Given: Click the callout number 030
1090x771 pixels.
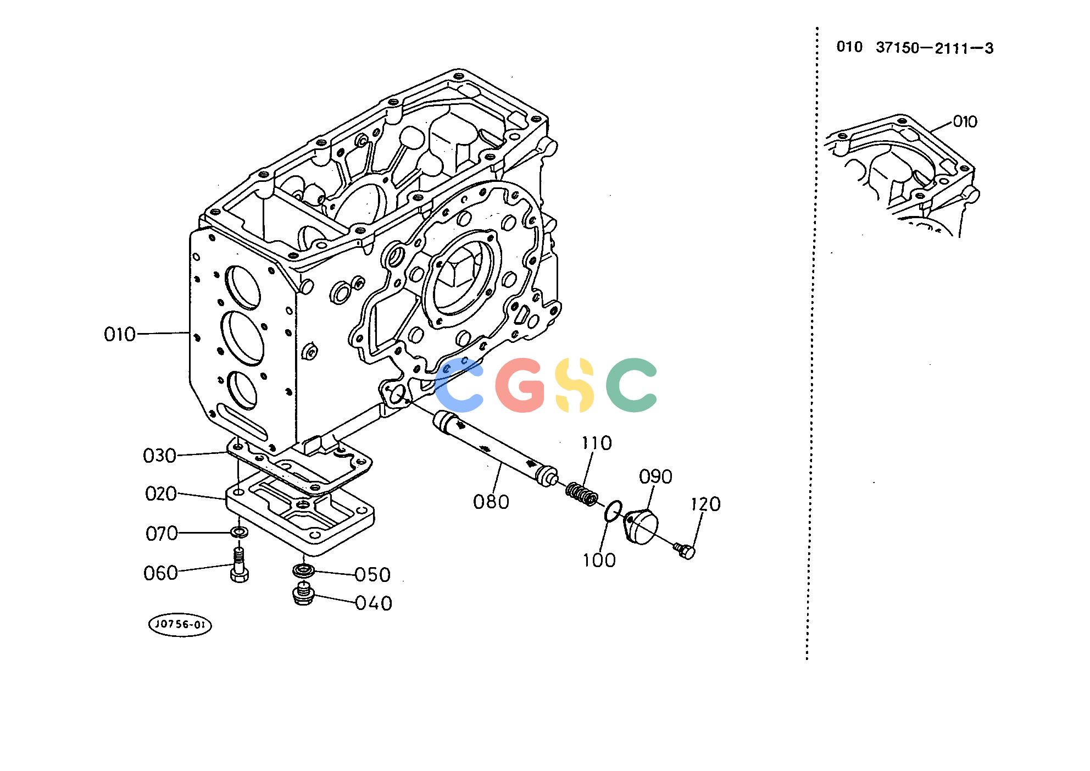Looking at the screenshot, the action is (159, 456).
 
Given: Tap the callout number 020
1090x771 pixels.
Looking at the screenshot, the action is (161, 493).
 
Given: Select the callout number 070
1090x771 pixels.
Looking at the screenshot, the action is (162, 534).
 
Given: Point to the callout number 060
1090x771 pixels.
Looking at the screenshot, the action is (160, 573).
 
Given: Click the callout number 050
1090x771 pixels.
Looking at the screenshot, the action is (372, 575).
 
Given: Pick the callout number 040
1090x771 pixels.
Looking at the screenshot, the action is (374, 603).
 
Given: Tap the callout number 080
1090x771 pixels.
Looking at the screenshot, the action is (491, 502).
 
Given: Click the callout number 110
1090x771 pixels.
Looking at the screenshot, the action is (597, 443).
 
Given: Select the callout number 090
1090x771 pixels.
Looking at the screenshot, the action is (655, 476).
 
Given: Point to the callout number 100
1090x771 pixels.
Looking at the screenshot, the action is (599, 561).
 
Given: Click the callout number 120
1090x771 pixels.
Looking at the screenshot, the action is (705, 504).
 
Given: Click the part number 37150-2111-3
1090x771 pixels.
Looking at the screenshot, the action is (935, 48).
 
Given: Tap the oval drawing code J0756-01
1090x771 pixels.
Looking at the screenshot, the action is (180, 625).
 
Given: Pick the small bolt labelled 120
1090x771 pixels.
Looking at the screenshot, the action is (685, 550).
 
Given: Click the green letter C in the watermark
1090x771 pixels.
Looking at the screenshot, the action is (632, 385).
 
